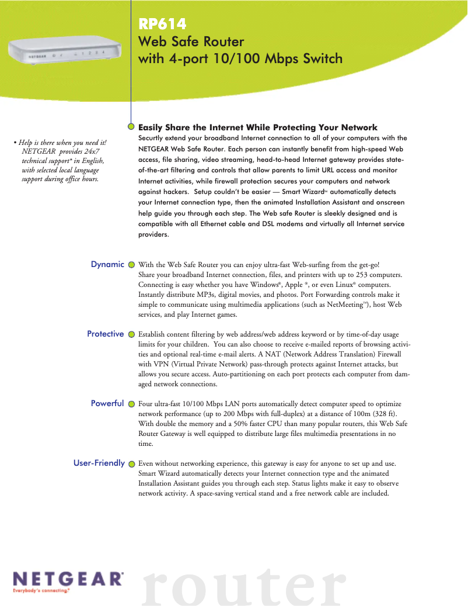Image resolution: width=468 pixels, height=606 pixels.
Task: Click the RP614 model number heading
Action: (x=162, y=24)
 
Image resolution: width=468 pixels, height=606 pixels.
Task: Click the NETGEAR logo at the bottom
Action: (x=68, y=579)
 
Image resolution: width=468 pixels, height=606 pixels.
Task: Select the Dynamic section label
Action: (x=107, y=264)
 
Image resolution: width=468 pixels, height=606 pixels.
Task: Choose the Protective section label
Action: (x=105, y=334)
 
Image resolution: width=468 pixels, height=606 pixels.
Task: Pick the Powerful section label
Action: (x=107, y=403)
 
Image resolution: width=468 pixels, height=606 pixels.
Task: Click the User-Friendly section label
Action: (x=99, y=463)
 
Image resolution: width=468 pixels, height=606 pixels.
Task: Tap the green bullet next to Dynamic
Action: (x=131, y=265)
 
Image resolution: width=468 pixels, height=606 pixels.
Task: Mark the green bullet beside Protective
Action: (x=131, y=334)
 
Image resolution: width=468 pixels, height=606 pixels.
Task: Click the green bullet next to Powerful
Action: (x=131, y=404)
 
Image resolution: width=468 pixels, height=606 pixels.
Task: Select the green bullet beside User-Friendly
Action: (x=131, y=464)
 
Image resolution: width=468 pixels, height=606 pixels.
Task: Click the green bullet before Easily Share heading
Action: (x=132, y=126)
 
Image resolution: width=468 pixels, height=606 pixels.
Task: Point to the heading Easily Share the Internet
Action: (x=257, y=127)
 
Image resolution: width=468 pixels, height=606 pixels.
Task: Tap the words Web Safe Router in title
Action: (x=190, y=42)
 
